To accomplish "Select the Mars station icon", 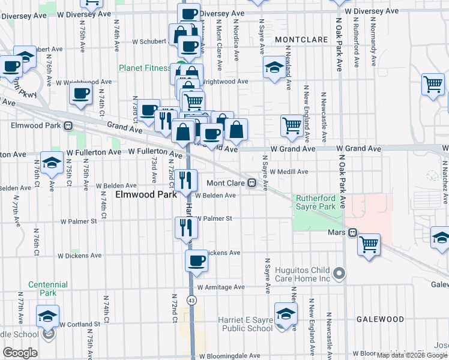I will coord(353,232).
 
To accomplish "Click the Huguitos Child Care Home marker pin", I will coord(339,274).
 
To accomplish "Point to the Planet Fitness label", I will coord(144,68).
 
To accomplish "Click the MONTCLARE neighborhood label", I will coord(301,40).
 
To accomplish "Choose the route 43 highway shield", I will coord(191,299).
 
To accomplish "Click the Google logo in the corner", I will coord(20,353).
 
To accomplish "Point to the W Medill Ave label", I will coord(289,171).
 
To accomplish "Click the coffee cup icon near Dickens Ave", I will coord(196,260).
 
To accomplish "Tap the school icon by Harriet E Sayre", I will coord(286,314).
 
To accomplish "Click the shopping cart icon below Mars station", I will coord(369,244).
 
